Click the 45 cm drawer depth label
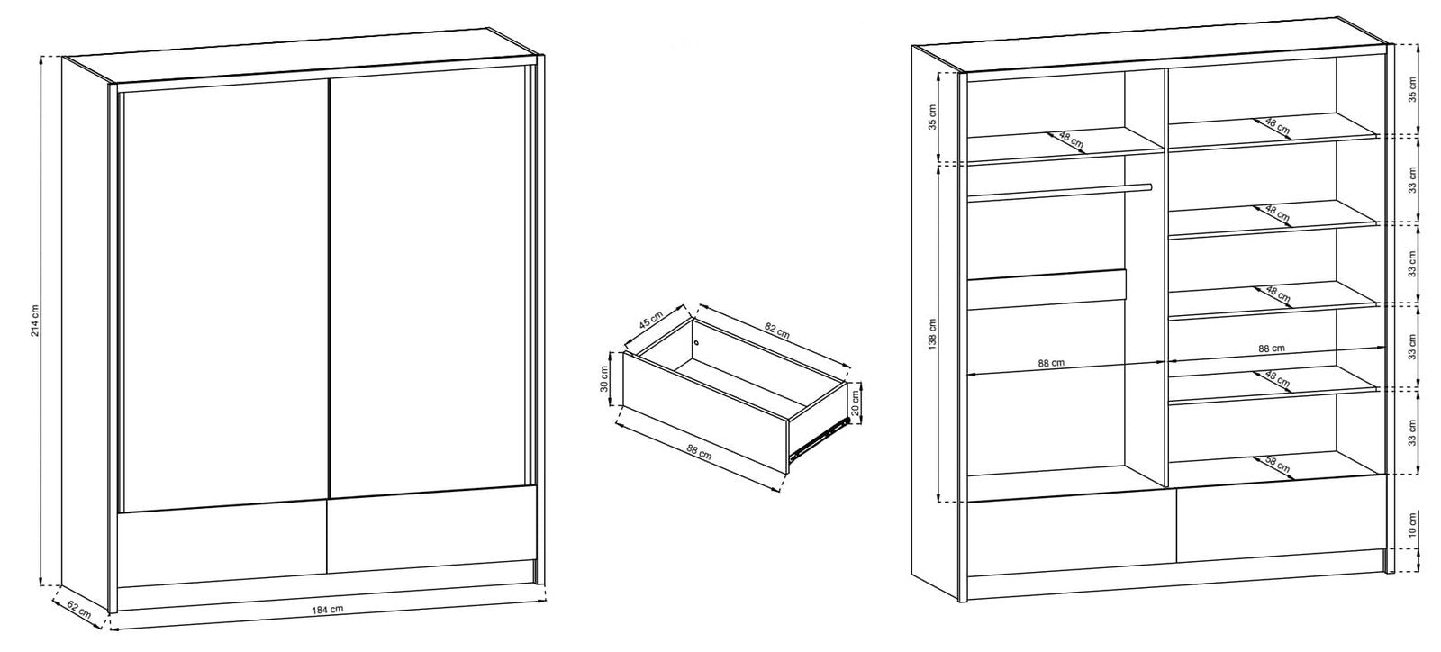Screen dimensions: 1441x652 pyautogui.click(x=651, y=320)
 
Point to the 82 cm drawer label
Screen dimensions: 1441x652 pyautogui.click(x=777, y=331)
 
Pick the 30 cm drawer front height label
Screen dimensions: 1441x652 pyautogui.click(x=603, y=379)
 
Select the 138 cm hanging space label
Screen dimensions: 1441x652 pyautogui.click(x=933, y=334)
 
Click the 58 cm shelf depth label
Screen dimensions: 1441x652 pyautogui.click(x=1278, y=465)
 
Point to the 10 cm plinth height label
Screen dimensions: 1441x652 pyautogui.click(x=1412, y=525)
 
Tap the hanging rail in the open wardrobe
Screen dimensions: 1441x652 pyautogui.click(x=1059, y=192)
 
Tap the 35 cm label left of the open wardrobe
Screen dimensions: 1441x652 pyautogui.click(x=933, y=116)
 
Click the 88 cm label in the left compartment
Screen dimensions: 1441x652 pyautogui.click(x=1051, y=363)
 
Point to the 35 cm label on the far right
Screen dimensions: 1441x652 pyautogui.click(x=1412, y=89)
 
